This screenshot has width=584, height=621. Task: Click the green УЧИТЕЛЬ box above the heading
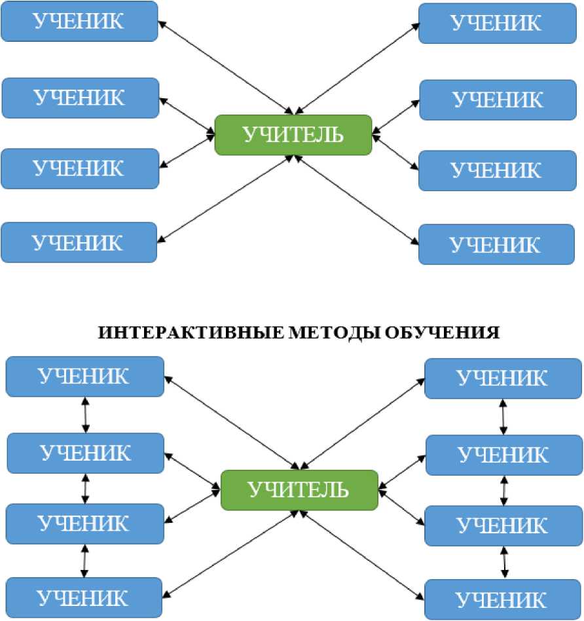click(x=293, y=135)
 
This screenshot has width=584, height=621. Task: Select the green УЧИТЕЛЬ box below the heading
click(x=300, y=490)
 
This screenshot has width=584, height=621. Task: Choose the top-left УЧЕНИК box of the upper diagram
click(x=79, y=21)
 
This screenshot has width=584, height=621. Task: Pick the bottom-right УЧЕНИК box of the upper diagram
click(x=496, y=245)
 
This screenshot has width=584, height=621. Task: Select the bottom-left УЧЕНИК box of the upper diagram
click(x=79, y=243)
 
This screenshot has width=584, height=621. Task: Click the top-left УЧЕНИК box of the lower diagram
click(x=84, y=376)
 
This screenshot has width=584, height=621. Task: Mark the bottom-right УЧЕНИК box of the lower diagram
click(x=503, y=599)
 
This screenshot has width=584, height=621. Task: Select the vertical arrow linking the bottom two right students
click(x=503, y=562)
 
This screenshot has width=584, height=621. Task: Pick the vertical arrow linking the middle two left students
click(x=85, y=488)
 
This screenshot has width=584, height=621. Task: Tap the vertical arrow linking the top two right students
click(x=503, y=417)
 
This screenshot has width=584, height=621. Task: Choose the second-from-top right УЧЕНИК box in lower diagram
click(x=503, y=454)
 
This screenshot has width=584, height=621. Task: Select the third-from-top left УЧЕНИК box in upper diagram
click(x=79, y=168)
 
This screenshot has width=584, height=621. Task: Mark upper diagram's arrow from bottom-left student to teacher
click(x=227, y=199)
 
